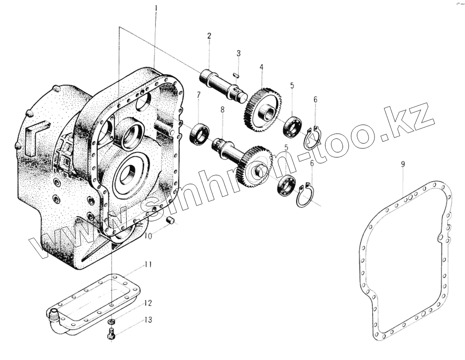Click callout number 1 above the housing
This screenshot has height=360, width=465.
[x=156, y=8]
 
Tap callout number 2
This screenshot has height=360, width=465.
[x=209, y=36]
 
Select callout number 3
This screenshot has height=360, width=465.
[x=239, y=54]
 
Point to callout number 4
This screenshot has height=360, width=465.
[x=261, y=68]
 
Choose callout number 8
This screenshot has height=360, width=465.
[x=222, y=110]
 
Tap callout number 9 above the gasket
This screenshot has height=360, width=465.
[x=403, y=164]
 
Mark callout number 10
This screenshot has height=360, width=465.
[x=148, y=236]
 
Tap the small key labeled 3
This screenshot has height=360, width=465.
[x=236, y=75]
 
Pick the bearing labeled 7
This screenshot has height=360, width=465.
[x=198, y=133]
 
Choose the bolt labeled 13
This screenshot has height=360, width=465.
[x=110, y=334]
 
